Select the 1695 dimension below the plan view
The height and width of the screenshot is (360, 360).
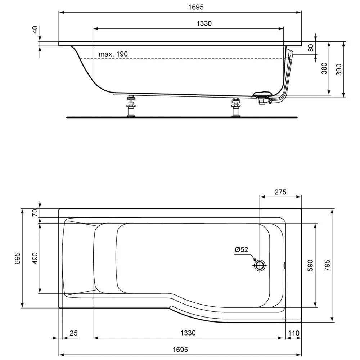pos(180,350)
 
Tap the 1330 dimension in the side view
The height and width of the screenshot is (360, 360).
pos(204,23)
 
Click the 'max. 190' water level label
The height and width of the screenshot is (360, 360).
pos(113,54)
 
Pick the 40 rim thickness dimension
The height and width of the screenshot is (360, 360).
pos(35,30)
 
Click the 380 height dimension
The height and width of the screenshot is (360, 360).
pos(324,68)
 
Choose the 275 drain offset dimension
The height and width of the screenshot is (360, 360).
pos(280,192)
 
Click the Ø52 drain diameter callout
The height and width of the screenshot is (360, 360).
pos(242,250)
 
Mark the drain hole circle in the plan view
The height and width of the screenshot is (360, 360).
pos(260,266)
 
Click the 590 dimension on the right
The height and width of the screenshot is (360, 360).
pos(311,265)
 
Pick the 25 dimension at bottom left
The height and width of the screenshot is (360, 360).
pos(73,333)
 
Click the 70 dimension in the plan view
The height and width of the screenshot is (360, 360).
pos(35,213)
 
